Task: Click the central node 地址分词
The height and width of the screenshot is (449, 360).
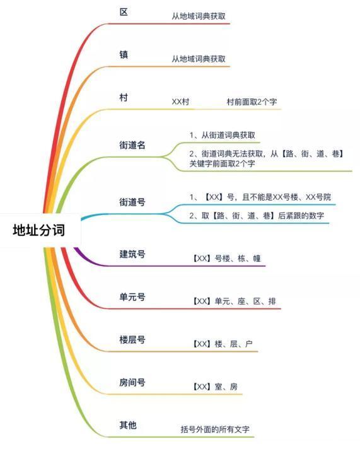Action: tap(38, 230)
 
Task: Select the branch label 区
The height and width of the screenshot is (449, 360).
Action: tap(124, 12)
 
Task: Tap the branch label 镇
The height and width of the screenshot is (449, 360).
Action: tap(124, 54)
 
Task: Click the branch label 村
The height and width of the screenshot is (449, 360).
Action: tap(124, 98)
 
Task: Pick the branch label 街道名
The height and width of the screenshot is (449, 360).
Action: tap(132, 145)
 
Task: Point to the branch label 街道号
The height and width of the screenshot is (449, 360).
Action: tap(132, 202)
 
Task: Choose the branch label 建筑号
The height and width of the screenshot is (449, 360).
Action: tap(132, 254)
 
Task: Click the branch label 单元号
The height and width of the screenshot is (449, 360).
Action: tap(132, 297)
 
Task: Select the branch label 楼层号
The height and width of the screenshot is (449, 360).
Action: tap(132, 340)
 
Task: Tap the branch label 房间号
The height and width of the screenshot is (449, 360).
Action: tap(132, 382)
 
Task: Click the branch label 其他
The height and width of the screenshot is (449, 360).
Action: tap(128, 425)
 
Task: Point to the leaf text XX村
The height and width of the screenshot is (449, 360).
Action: tap(180, 102)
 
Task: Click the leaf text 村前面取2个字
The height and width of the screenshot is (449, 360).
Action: tap(252, 102)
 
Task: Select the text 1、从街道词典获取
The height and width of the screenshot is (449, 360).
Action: tap(223, 135)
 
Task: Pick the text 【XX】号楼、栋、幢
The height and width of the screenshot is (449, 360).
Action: tap(226, 259)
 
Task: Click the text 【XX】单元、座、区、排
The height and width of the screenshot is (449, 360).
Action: tap(234, 301)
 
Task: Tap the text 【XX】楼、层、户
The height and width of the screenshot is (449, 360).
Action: tap(223, 344)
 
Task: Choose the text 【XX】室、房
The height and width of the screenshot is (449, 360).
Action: tap(214, 387)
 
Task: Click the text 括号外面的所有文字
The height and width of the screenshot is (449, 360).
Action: tap(215, 429)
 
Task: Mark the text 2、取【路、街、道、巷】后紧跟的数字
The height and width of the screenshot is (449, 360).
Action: tap(257, 216)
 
